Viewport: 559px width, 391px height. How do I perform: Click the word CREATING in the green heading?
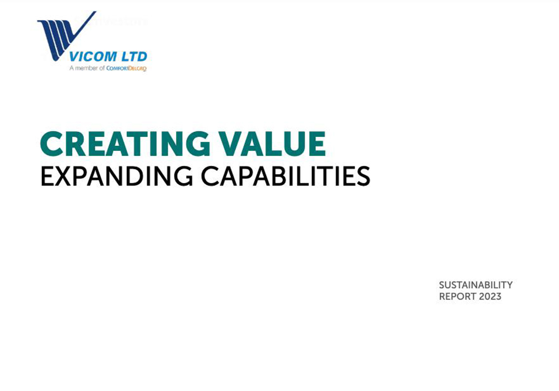[x=125, y=144]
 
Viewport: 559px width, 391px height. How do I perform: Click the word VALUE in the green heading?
[x=272, y=144]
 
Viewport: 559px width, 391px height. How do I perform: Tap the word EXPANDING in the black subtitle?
[x=117, y=176]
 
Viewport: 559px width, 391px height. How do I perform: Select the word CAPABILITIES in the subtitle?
[x=286, y=176]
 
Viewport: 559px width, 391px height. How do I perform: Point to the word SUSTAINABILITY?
[x=476, y=285]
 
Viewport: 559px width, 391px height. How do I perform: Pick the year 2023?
[x=490, y=296]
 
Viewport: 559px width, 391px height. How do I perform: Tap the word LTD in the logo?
[x=134, y=56]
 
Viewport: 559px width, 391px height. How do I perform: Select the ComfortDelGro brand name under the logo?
[x=126, y=68]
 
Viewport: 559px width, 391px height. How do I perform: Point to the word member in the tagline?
[x=87, y=68]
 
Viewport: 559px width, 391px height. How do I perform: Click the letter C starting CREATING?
[x=51, y=144]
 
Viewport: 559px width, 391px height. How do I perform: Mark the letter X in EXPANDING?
[x=63, y=177]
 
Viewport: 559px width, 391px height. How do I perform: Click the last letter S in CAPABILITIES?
[x=363, y=177]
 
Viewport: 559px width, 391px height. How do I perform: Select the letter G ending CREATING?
[x=198, y=144]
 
